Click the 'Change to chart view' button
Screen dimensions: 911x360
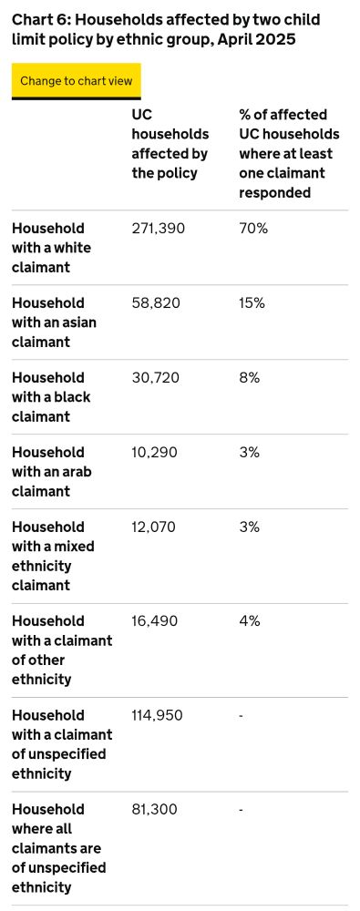77,81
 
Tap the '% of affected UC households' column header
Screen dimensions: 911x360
289,154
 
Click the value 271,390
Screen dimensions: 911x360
159,229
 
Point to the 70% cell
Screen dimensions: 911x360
253,229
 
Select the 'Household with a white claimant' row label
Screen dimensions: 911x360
52,248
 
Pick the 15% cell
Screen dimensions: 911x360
252,303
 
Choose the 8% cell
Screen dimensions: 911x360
250,378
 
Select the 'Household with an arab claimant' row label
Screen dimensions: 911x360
52,472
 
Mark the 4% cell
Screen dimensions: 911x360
250,621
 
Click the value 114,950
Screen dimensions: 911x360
158,716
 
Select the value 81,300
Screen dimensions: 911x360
155,810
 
